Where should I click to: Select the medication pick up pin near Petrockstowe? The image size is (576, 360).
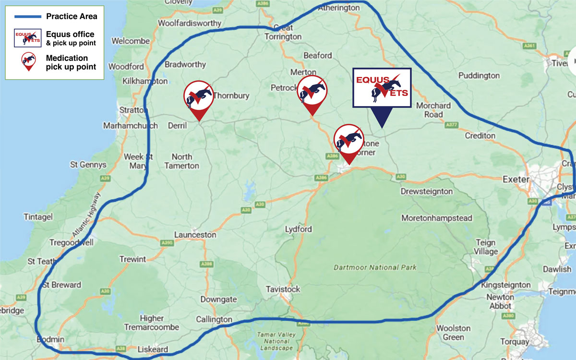pos(312,90)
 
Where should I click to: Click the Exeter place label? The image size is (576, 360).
pos(516,180)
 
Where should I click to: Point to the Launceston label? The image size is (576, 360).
pos(195,235)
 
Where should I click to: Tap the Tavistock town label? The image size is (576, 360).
pos(283,289)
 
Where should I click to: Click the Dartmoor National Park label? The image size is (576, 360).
pos(375,267)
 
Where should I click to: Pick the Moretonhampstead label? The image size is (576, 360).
pos(437,218)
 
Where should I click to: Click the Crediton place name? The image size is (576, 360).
pos(480,136)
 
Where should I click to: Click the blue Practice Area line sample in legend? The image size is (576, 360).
pos(28,16)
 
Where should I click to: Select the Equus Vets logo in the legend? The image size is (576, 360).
pos(28,38)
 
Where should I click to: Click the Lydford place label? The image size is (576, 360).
pos(298,229)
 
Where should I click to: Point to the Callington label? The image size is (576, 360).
pos(214,320)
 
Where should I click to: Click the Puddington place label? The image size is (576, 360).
pos(479,75)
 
